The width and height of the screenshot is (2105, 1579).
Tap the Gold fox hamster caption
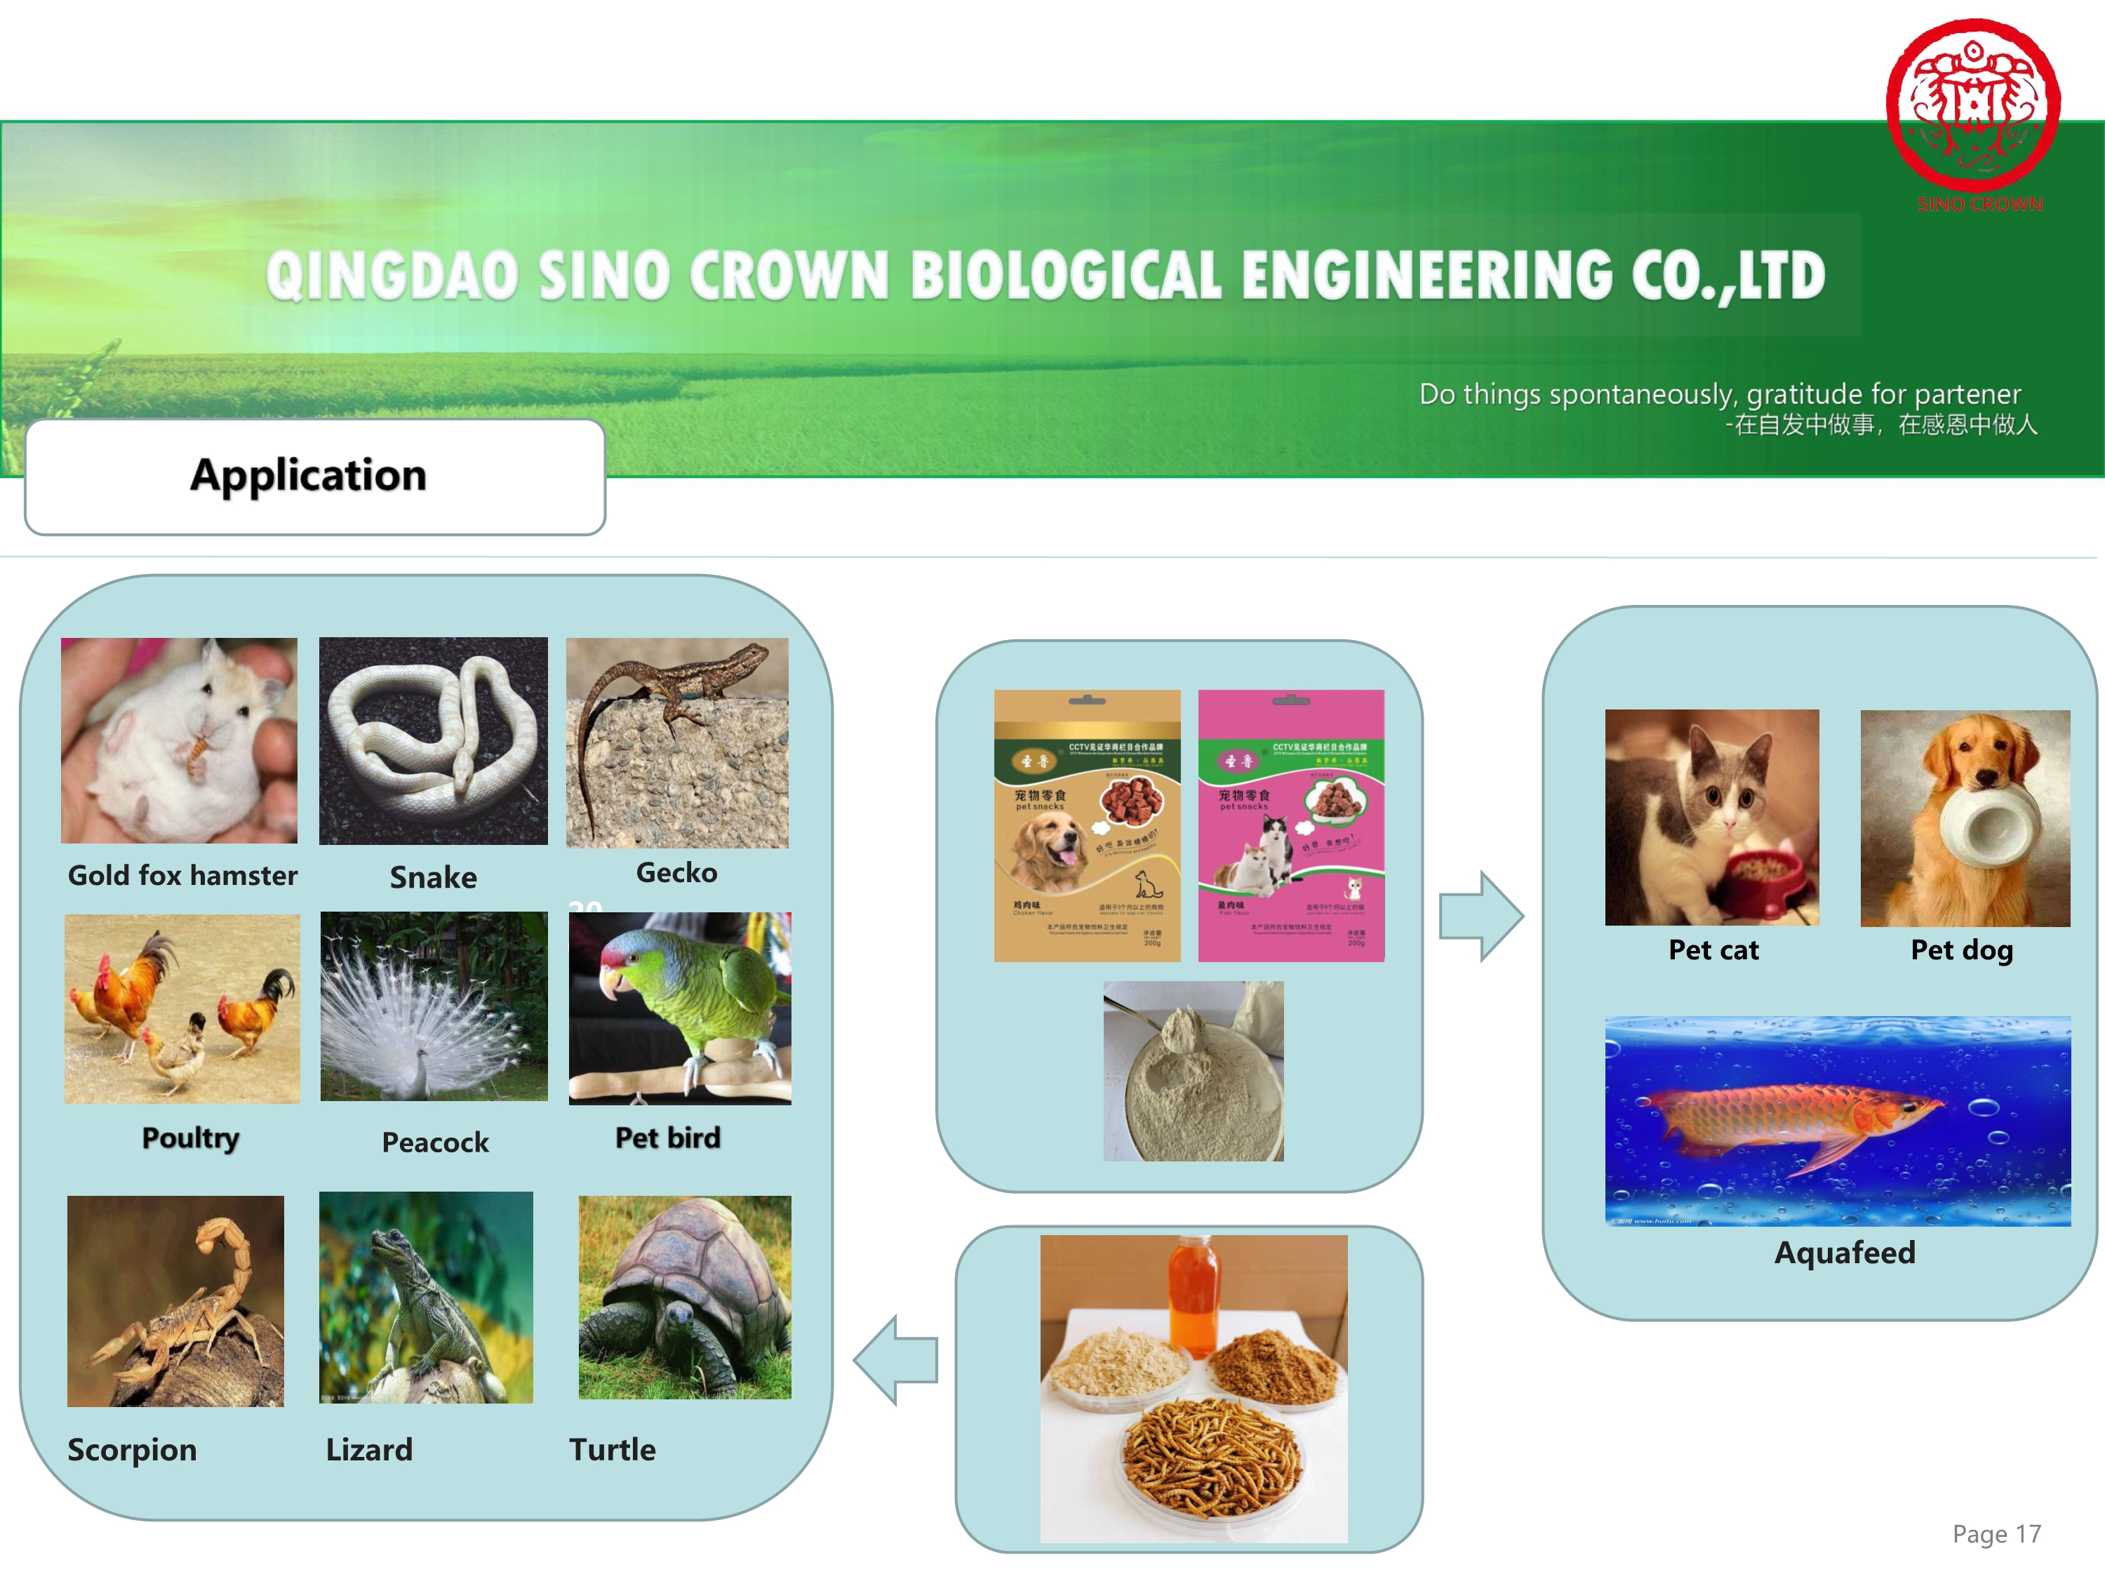point(182,874)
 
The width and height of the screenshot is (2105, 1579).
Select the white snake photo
point(433,740)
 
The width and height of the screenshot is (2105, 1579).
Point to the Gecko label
point(676,872)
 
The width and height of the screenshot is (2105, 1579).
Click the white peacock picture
point(434,1006)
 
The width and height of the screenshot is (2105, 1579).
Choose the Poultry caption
point(190,1138)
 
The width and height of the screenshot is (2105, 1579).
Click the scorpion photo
point(175,1300)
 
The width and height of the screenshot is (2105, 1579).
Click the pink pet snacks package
point(1290,825)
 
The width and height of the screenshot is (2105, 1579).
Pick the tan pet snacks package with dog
point(1087,825)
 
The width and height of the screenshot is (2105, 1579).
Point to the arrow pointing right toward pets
point(1481,916)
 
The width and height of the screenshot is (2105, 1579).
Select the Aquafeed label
point(1843,1251)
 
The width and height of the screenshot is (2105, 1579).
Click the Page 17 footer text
point(1996,1533)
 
